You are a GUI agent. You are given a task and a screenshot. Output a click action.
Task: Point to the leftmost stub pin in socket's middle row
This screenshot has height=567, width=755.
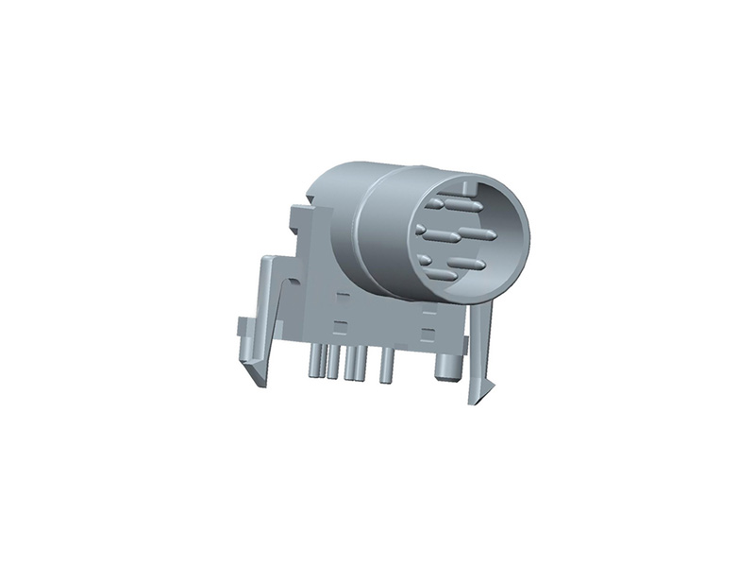click(421, 230)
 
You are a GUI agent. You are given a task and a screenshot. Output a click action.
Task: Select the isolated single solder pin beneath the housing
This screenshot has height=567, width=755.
click(386, 367)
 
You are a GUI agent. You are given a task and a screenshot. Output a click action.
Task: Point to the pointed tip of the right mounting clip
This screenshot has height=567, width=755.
click(477, 397)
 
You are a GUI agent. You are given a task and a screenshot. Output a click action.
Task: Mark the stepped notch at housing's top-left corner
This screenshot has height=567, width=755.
click(300, 213)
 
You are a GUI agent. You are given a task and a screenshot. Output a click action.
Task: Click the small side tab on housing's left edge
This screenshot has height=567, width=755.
click(240, 330)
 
